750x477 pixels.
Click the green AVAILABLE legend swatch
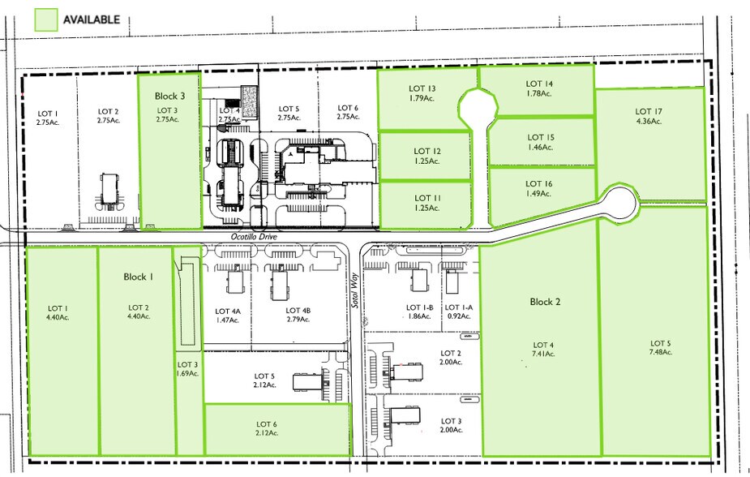point(45,19)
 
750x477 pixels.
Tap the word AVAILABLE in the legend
point(91,19)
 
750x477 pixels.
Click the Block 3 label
point(170,96)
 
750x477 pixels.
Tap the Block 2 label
point(545,302)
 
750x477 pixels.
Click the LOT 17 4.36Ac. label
point(649,116)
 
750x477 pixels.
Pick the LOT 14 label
point(539,84)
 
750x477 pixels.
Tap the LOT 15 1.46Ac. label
point(540,143)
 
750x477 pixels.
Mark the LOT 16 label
point(539,184)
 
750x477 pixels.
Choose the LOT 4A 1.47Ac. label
point(228,315)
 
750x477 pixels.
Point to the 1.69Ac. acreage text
point(187,375)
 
